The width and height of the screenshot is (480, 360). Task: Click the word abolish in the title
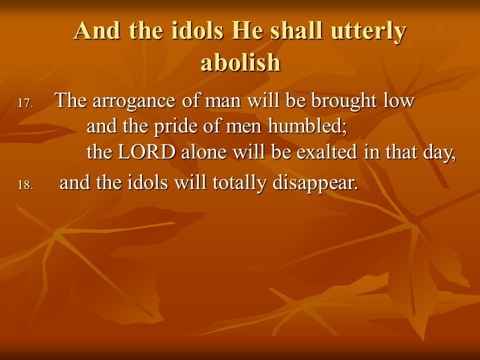click(x=240, y=62)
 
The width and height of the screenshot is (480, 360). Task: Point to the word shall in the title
click(x=296, y=30)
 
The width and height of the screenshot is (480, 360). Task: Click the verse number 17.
click(x=25, y=103)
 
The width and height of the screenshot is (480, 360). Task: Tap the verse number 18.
click(x=25, y=185)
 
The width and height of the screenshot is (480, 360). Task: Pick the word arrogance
click(x=134, y=101)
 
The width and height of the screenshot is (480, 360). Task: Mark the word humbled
click(x=307, y=126)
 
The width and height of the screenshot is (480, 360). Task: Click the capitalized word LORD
click(x=146, y=152)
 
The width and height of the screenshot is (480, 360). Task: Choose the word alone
click(x=203, y=152)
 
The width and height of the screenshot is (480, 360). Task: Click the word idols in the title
click(x=197, y=30)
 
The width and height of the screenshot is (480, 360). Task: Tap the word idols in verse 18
click(x=147, y=183)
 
